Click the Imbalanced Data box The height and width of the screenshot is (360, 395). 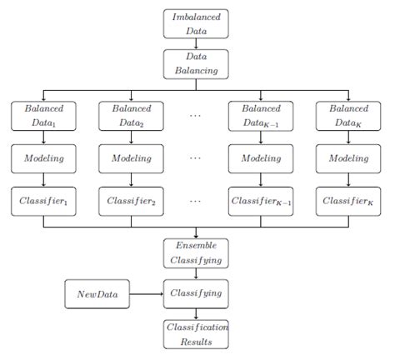tap(196, 22)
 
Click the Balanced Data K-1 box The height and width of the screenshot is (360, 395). tap(261, 115)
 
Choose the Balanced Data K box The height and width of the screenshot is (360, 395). tap(349, 115)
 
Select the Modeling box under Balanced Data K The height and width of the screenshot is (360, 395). tap(349, 157)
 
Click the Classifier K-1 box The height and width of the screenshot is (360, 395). tap(261, 200)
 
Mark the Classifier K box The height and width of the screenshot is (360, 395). tap(349, 200)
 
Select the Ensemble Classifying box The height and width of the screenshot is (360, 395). tap(196, 253)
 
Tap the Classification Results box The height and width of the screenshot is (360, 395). tap(196, 335)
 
